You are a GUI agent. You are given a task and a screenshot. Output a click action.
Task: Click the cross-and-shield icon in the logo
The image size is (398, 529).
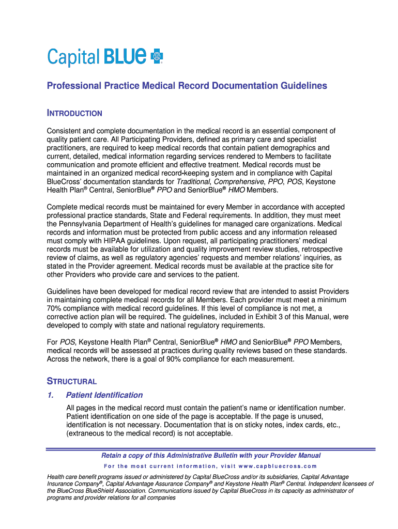(156, 57)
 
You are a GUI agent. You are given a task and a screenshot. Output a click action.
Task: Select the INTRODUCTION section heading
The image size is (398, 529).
(74, 113)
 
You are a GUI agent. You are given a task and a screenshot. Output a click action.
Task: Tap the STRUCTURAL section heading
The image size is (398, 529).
(72, 381)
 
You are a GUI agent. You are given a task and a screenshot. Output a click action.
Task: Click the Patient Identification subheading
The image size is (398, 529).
(104, 395)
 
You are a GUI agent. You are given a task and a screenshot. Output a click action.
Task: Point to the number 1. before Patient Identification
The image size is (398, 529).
(50, 395)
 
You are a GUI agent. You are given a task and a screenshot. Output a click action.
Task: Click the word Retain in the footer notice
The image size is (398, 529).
(113, 456)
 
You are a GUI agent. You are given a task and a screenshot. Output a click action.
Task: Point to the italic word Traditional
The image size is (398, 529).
(193, 182)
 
